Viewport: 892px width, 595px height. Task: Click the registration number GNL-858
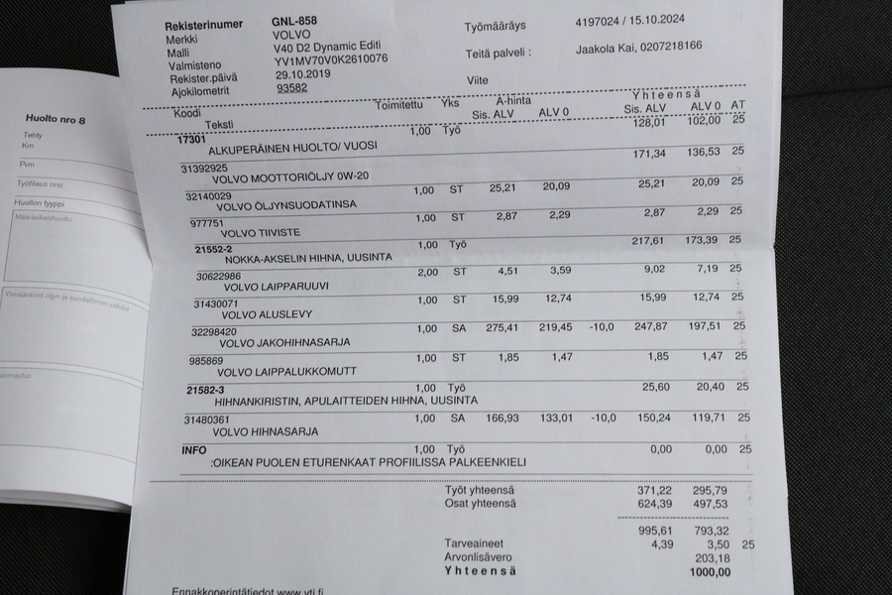tap(296, 21)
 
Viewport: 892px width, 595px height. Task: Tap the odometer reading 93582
tap(292, 87)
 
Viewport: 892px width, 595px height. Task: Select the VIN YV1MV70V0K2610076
tap(330, 60)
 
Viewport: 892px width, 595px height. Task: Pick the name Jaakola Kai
tap(606, 47)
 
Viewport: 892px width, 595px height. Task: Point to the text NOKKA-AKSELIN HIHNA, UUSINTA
tap(308, 258)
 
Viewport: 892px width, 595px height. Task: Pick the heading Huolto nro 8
tap(55, 120)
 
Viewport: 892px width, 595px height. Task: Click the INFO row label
tap(194, 449)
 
